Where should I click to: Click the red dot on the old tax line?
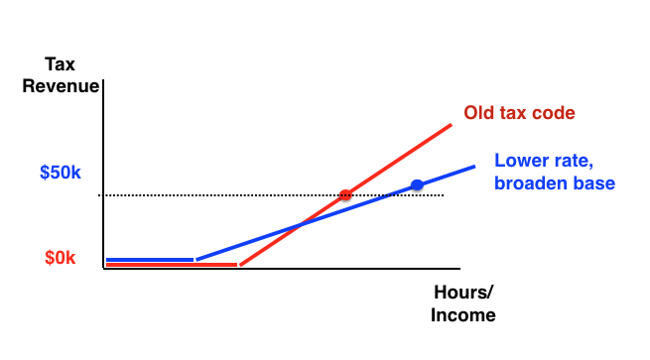pyautogui.click(x=345, y=195)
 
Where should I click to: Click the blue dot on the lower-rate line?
pyautogui.click(x=417, y=185)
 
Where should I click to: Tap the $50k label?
pyautogui.click(x=61, y=173)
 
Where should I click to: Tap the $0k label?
pyautogui.click(x=61, y=258)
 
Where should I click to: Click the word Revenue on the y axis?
pyautogui.click(x=62, y=86)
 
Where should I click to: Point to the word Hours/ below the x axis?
pyautogui.click(x=463, y=294)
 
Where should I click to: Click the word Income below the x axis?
pyautogui.click(x=462, y=315)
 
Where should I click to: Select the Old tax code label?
pyautogui.click(x=519, y=113)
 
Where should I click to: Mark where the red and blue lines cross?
pyautogui.click(x=298, y=227)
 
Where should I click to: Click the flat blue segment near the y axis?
pyautogui.click(x=149, y=260)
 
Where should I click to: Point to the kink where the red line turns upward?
pyautogui.click(x=238, y=265)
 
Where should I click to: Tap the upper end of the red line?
pyautogui.click(x=452, y=125)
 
